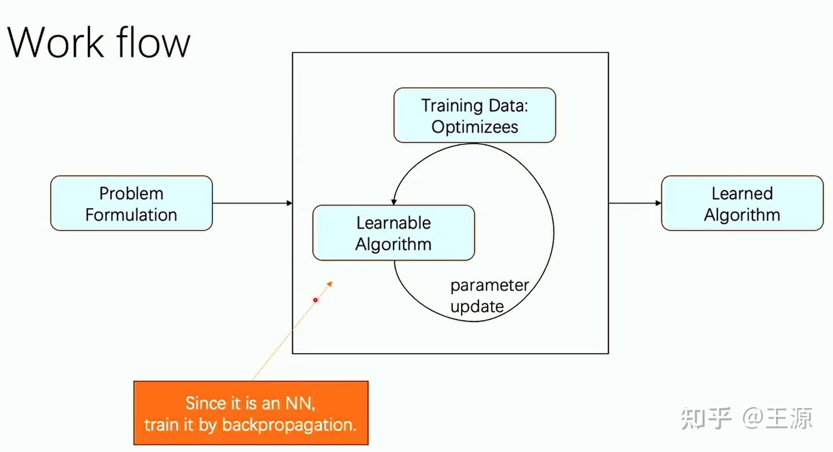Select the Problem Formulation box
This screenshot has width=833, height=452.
(x=131, y=203)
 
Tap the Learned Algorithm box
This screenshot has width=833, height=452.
(x=742, y=203)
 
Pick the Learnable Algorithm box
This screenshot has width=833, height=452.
(x=393, y=233)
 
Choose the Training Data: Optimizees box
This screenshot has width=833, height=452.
(x=474, y=116)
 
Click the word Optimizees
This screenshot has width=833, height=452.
(x=474, y=127)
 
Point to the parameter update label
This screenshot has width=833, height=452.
(x=489, y=295)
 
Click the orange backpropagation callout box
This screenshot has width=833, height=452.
(x=250, y=413)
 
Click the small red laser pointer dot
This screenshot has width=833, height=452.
(x=315, y=300)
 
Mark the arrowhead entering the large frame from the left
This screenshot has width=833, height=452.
(x=289, y=203)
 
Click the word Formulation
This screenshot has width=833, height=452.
(x=131, y=214)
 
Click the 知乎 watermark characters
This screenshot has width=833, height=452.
(x=706, y=418)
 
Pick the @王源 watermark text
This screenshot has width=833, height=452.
(x=777, y=418)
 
